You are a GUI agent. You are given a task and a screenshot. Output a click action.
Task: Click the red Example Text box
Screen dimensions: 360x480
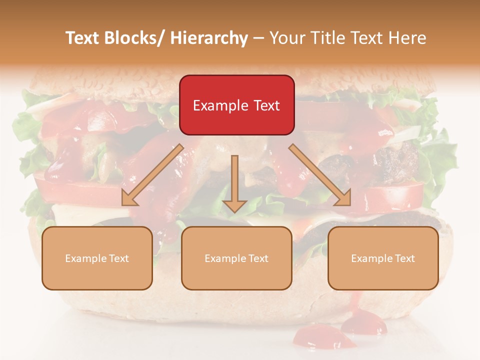236,105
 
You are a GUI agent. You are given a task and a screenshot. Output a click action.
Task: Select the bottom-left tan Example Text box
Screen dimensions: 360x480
97,258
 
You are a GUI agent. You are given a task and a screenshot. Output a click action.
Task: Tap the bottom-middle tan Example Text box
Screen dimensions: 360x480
236,258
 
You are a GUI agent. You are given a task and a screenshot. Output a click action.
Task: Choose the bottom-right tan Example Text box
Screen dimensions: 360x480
383,258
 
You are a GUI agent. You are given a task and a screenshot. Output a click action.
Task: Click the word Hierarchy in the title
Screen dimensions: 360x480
209,38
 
